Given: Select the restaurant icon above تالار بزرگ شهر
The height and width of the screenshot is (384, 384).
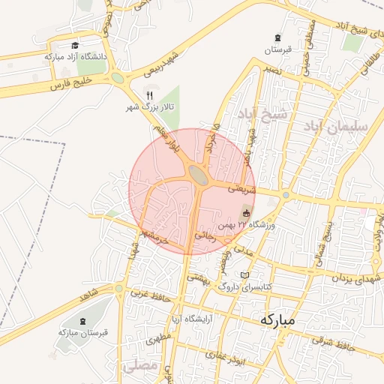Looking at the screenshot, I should [149, 95].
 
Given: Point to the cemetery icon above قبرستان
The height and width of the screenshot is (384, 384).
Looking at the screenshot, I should [278, 39].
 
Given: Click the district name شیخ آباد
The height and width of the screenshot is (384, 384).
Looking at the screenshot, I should [262, 115].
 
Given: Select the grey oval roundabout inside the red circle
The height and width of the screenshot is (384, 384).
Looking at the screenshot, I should [198, 175].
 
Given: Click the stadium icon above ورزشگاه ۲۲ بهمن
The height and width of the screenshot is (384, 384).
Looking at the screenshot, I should [246, 214].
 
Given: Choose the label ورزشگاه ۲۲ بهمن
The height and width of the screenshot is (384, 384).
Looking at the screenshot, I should [247, 225].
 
